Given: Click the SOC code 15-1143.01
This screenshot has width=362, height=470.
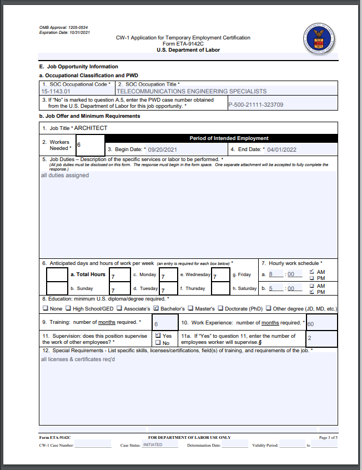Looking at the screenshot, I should pos(56,91).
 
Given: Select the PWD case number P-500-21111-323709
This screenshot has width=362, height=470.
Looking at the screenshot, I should pos(256,104).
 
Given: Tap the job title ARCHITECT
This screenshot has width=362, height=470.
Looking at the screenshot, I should pos(91,128).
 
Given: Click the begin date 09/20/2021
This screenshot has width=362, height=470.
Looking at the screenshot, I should pos(162,149).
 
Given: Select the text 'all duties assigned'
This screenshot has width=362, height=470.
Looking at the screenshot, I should pos(65,176).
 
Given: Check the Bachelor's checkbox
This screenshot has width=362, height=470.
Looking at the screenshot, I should pos(156,308).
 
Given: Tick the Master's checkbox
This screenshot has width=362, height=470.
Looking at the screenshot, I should pos(190,308).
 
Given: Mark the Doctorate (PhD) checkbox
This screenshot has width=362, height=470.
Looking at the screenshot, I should pos(220,308).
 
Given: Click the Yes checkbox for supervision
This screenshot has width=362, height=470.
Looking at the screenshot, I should pos(158,336).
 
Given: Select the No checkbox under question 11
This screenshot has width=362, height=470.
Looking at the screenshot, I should pos(158,343).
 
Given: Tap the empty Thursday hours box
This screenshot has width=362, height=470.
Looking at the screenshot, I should pos(220,288).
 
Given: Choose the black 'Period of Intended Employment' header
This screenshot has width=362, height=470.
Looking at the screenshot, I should pos(229,138).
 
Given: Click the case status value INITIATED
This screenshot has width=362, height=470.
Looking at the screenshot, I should pos(153,445).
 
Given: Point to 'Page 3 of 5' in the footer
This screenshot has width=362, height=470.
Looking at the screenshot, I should pos(328,438).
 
